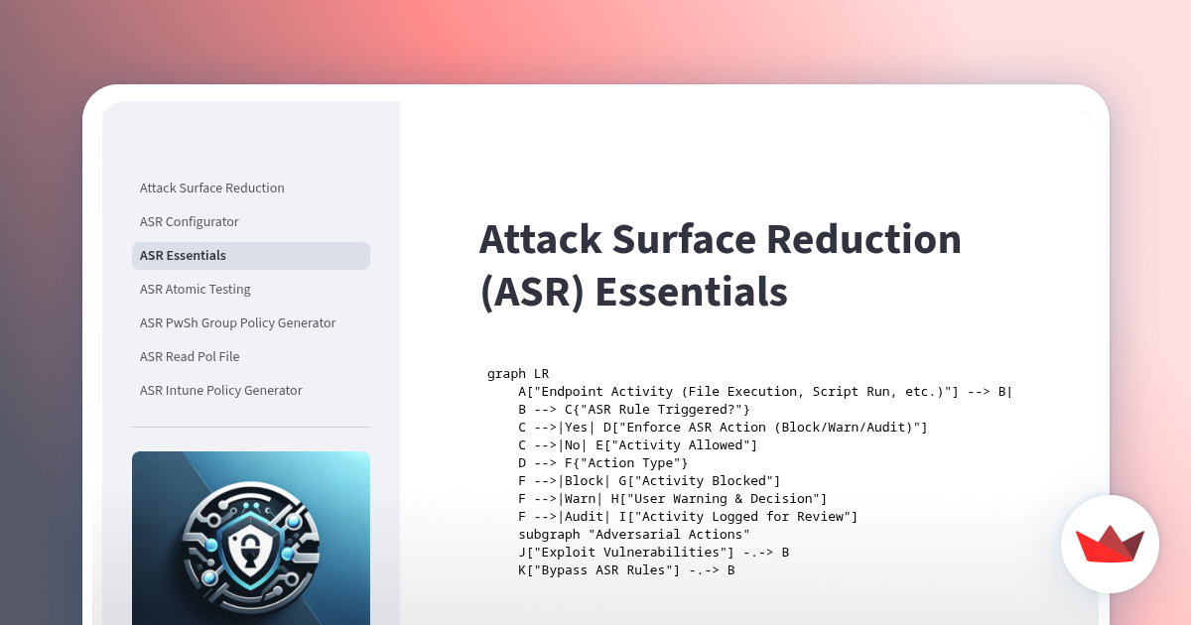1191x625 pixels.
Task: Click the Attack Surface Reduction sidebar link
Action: (211, 188)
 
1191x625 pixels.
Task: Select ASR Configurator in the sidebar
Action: (189, 221)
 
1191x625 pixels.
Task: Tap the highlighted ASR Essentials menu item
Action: (251, 256)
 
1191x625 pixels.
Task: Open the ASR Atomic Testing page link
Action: (195, 289)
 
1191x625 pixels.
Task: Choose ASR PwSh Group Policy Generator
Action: (237, 323)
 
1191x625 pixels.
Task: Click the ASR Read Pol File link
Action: (190, 356)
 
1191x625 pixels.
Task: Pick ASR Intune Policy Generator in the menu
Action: (220, 391)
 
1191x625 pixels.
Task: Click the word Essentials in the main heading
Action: (691, 292)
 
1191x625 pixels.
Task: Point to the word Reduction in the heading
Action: (863, 239)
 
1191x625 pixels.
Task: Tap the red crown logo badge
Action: (1110, 544)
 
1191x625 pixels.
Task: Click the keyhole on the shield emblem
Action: (249, 555)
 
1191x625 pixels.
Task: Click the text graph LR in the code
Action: (518, 374)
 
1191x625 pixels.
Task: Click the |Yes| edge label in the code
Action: (576, 428)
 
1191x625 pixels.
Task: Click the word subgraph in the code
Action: (549, 535)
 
